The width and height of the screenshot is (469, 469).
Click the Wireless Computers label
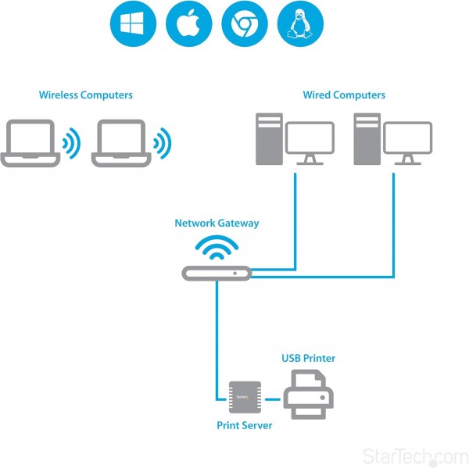pos(86,95)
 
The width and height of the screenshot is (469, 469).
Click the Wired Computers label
pos(344,95)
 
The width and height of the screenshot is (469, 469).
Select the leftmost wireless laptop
pos(31,143)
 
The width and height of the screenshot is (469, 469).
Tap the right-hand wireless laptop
pos(122,143)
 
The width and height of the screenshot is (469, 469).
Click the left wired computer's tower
pos(269,139)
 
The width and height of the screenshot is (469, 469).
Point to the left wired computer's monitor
pos(310,141)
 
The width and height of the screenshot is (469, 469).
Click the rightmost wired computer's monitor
pos(407,141)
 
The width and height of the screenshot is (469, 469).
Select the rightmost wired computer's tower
pos(366,139)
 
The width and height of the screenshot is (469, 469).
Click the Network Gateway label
pos(217,224)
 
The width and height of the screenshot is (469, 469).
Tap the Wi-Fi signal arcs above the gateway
pos(217,249)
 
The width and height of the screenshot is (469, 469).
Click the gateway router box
pos(217,274)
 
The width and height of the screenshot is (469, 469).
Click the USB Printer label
pos(308,359)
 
